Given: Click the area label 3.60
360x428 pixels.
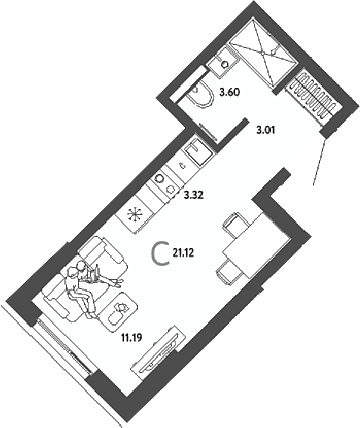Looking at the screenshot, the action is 230,92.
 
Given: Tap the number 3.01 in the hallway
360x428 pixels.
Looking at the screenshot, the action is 265,130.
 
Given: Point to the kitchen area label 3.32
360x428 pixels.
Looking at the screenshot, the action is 194,196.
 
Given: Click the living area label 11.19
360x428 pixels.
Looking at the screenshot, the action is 132,338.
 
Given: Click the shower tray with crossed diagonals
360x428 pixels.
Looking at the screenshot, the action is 263,53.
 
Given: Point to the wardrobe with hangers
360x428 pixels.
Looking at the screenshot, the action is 313,94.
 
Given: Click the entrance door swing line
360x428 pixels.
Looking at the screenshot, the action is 319,161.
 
